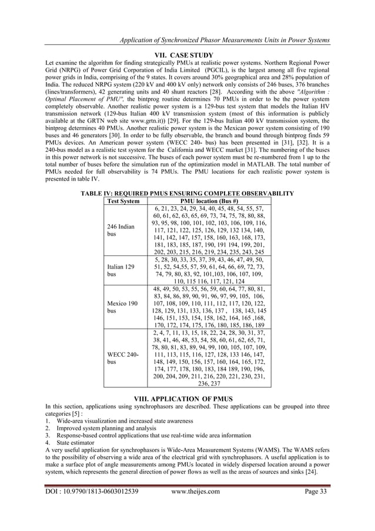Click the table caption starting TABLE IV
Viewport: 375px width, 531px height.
(187, 193)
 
